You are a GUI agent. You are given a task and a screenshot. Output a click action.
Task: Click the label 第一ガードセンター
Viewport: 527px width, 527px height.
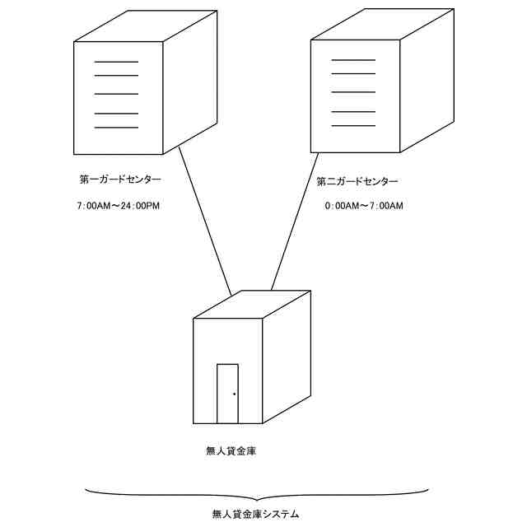(x=120, y=180)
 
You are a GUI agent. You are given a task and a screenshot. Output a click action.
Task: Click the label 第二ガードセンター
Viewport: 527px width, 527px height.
(x=357, y=181)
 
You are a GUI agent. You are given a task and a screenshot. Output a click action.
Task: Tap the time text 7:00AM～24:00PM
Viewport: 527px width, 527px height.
(x=117, y=205)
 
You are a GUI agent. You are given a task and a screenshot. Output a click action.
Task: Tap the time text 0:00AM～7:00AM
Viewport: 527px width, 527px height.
(x=364, y=205)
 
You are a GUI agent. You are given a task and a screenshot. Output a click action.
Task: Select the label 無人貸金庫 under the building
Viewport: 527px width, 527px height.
(x=231, y=451)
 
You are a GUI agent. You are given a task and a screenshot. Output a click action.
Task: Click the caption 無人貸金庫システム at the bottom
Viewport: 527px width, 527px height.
(x=255, y=515)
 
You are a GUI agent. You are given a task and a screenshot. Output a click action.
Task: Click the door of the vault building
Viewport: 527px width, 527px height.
(x=227, y=393)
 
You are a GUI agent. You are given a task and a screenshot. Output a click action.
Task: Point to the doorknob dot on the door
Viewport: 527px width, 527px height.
(x=234, y=394)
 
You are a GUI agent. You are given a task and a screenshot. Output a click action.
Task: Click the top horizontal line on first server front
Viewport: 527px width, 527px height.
(x=116, y=62)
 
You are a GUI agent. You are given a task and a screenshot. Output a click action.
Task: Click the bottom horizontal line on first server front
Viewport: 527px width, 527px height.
(x=116, y=128)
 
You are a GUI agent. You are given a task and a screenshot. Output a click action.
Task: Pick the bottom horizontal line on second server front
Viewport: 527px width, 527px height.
(x=353, y=125)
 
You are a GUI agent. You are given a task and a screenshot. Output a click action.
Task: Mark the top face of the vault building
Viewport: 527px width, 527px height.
(x=251, y=304)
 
